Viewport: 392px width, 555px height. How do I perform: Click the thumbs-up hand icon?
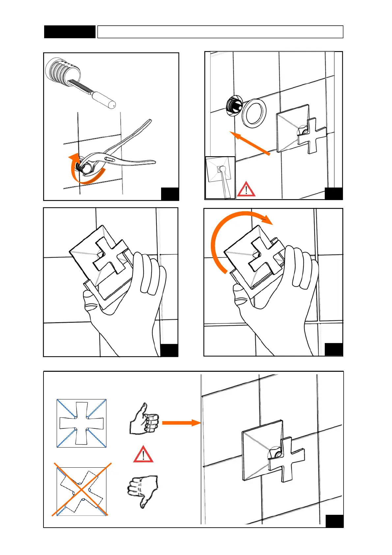[x=144, y=419]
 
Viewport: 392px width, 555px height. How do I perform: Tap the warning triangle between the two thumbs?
[x=143, y=454]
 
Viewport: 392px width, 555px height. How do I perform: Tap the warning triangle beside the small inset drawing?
[x=246, y=190]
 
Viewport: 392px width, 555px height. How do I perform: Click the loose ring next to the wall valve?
[x=254, y=113]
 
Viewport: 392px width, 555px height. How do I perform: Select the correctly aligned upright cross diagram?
[x=82, y=423]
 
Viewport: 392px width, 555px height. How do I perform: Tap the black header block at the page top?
[x=70, y=32]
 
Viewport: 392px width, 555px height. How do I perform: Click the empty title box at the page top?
[x=220, y=32]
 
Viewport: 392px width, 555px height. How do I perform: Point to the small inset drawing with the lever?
[x=220, y=177]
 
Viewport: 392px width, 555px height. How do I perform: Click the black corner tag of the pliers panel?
[x=170, y=194]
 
